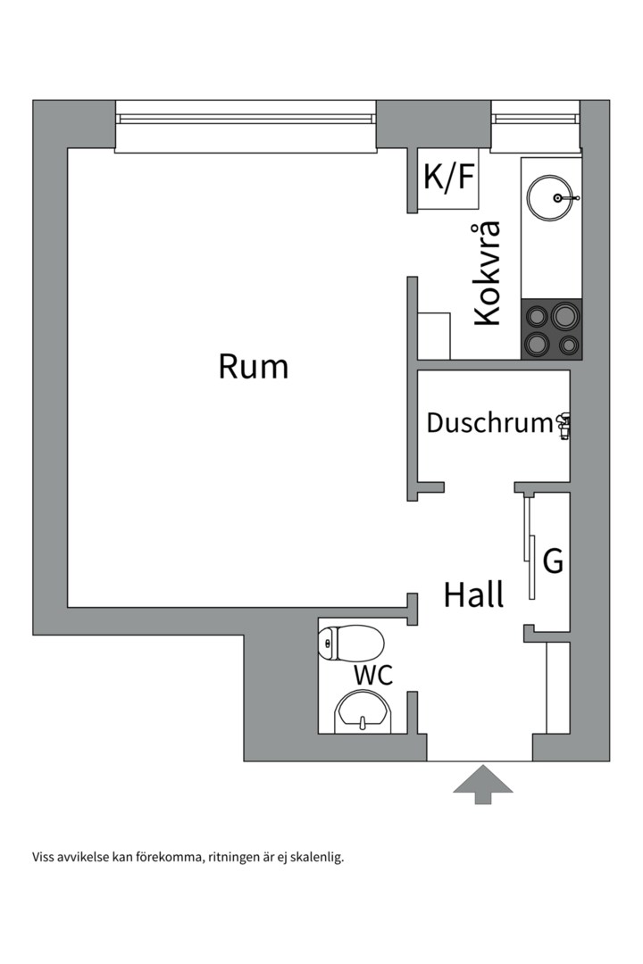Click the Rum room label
click(x=254, y=367)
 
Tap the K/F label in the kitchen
click(x=448, y=177)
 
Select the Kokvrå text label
click(x=488, y=272)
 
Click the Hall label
click(x=473, y=594)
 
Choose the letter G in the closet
click(x=554, y=562)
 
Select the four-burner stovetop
click(x=551, y=328)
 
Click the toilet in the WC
click(x=353, y=642)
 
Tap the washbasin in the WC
click(x=363, y=715)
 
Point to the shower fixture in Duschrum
click(x=564, y=426)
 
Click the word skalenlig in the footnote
click(x=315, y=858)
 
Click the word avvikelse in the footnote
click(x=84, y=858)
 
